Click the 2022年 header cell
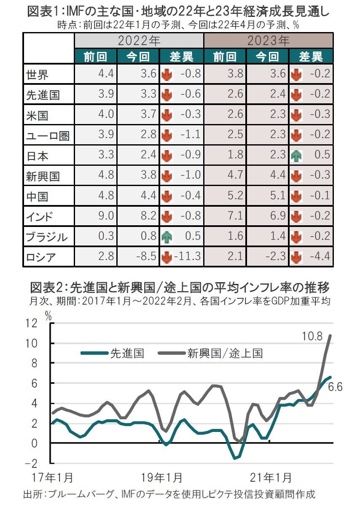(x=139, y=41)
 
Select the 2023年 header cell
(x=269, y=41)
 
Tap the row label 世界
(x=37, y=75)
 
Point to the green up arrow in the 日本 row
(x=296, y=156)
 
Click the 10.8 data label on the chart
(x=312, y=336)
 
